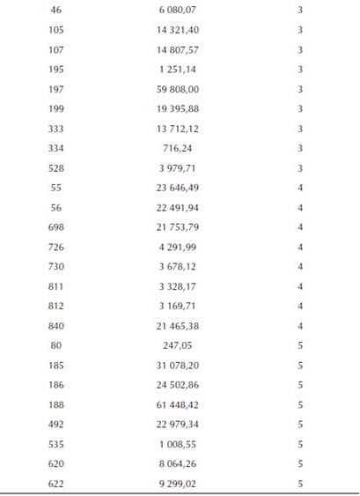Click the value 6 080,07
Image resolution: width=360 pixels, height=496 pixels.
pyautogui.click(x=179, y=9)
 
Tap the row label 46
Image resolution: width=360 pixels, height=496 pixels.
pyautogui.click(x=56, y=9)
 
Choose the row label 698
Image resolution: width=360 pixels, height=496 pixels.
pyautogui.click(x=56, y=226)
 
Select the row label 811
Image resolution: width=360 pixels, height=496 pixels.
pyautogui.click(x=56, y=286)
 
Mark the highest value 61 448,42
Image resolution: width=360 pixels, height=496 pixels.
pyautogui.click(x=178, y=404)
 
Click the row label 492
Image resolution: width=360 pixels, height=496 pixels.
pyautogui.click(x=56, y=425)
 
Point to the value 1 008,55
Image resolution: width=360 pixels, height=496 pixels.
pyautogui.click(x=179, y=444)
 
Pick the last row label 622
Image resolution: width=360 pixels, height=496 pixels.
pyautogui.click(x=56, y=484)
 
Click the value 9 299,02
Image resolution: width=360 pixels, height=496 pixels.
pyautogui.click(x=179, y=484)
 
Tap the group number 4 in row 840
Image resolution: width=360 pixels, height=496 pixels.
pyautogui.click(x=300, y=326)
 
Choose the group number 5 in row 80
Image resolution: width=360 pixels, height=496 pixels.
pyautogui.click(x=300, y=345)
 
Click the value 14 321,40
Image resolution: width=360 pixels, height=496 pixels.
pyautogui.click(x=178, y=29)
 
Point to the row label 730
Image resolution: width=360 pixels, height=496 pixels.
pyautogui.click(x=56, y=266)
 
